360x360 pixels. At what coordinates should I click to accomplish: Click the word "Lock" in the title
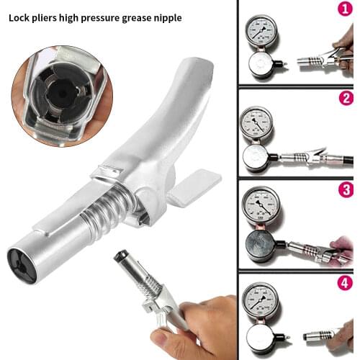tap(21, 16)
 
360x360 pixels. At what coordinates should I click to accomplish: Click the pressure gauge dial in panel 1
tap(258, 32)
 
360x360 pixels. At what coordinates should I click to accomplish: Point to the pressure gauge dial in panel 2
tap(257, 123)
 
